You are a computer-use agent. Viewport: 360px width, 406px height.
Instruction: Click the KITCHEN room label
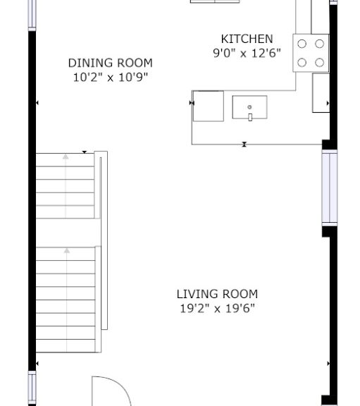pos(247,39)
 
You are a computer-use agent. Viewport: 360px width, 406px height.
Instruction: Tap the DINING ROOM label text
pos(110,63)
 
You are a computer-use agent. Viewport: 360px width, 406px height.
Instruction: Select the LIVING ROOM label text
pos(217,294)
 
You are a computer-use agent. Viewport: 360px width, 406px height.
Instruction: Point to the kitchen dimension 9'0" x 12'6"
pos(247,53)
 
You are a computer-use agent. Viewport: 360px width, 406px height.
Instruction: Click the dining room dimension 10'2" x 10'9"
pos(110,77)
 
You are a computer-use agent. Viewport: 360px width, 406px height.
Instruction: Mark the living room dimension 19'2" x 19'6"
pos(217,308)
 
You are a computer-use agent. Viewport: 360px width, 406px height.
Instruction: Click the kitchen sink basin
pos(250,107)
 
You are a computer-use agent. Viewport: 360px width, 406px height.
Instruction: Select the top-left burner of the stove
pos(302,44)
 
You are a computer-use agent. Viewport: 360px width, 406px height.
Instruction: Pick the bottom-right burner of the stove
pos(320,63)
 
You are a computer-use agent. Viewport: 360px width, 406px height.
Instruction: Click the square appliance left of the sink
pos(209,106)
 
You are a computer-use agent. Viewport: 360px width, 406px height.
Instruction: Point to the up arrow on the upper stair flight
pos(66,186)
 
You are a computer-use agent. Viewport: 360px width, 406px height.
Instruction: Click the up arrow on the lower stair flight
pos(67,300)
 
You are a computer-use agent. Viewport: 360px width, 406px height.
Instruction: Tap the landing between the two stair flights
pos(68,233)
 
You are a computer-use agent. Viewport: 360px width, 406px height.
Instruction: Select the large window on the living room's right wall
pos(330,188)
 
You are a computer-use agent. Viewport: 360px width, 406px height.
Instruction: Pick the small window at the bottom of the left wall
pos(32,388)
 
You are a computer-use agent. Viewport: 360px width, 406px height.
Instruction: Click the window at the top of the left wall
pos(32,15)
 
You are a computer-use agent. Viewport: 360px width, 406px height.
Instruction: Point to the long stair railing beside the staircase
pos(104,240)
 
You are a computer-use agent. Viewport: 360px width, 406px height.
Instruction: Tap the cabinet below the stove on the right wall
pos(321,93)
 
